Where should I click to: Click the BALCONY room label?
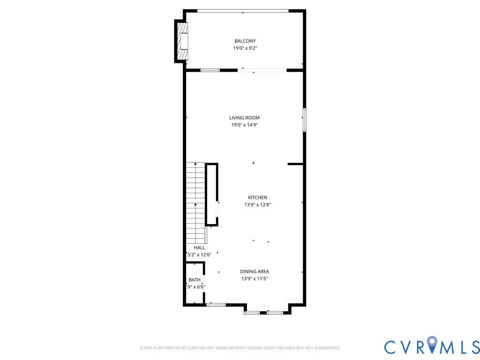click(x=245, y=41)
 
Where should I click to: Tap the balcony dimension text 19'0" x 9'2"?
click(x=245, y=48)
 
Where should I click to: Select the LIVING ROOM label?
click(x=244, y=118)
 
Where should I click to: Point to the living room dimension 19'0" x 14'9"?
click(x=244, y=125)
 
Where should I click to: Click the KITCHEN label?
click(x=257, y=198)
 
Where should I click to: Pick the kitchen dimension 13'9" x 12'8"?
click(x=257, y=205)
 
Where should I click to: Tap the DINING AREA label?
click(x=255, y=271)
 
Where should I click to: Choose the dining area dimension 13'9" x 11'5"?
click(x=255, y=278)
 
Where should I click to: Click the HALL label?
click(x=199, y=247)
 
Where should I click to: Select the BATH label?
click(x=195, y=280)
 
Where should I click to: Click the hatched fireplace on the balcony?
click(x=182, y=41)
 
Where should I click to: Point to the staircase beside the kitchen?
click(x=195, y=202)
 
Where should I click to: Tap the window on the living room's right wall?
click(x=304, y=120)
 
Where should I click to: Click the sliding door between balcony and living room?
click(x=262, y=70)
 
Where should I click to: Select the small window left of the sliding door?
click(x=210, y=70)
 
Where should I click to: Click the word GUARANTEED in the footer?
click(x=326, y=348)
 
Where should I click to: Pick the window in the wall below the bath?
click(x=216, y=305)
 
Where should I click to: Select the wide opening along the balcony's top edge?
click(x=243, y=10)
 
